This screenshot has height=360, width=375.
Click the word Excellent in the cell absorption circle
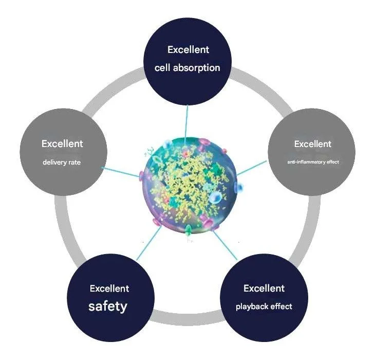(188, 50)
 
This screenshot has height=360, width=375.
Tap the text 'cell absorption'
(188, 67)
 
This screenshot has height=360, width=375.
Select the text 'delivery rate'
(62, 164)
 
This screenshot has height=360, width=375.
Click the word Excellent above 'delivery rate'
(62, 143)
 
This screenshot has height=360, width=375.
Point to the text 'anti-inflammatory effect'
(313, 163)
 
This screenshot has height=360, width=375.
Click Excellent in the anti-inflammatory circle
(313, 143)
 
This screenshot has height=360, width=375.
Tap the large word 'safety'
(107, 307)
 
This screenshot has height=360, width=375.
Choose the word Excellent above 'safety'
(109, 289)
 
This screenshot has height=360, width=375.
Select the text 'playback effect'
(264, 307)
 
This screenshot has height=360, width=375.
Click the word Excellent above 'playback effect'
(264, 287)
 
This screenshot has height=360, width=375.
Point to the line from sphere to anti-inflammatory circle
(253, 167)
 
